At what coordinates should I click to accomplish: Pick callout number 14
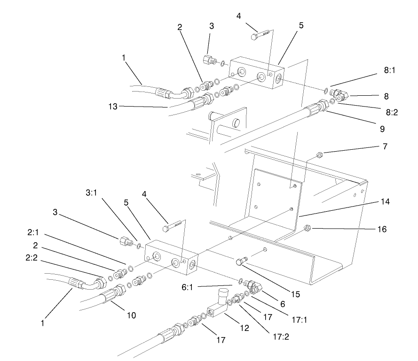click(386, 202)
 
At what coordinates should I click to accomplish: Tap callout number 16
click(381, 229)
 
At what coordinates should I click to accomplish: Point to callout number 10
click(131, 315)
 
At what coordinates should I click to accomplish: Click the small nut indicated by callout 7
click(318, 154)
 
